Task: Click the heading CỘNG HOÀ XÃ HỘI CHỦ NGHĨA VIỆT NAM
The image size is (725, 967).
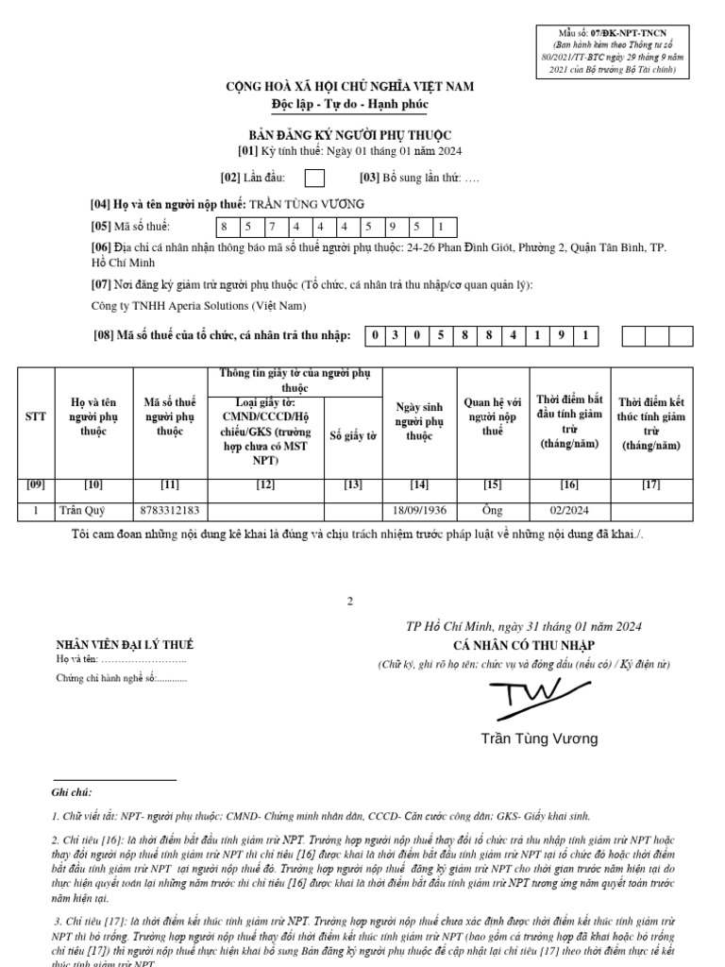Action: pos(349,87)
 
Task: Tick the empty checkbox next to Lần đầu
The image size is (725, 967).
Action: pos(315,178)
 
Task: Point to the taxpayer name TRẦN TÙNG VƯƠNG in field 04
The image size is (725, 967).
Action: pos(305,204)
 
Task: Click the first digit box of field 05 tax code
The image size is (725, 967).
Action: pos(225,227)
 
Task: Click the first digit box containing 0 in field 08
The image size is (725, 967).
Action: pos(375,335)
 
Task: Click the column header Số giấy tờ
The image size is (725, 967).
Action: pos(353,436)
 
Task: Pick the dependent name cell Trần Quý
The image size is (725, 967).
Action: pos(83,511)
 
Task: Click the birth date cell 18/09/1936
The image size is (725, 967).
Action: pos(419,511)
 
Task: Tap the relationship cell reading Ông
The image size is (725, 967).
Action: pos(492,511)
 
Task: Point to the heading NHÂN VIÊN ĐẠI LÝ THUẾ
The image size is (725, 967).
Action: pos(125,644)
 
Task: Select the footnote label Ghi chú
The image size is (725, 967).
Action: pos(72,792)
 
